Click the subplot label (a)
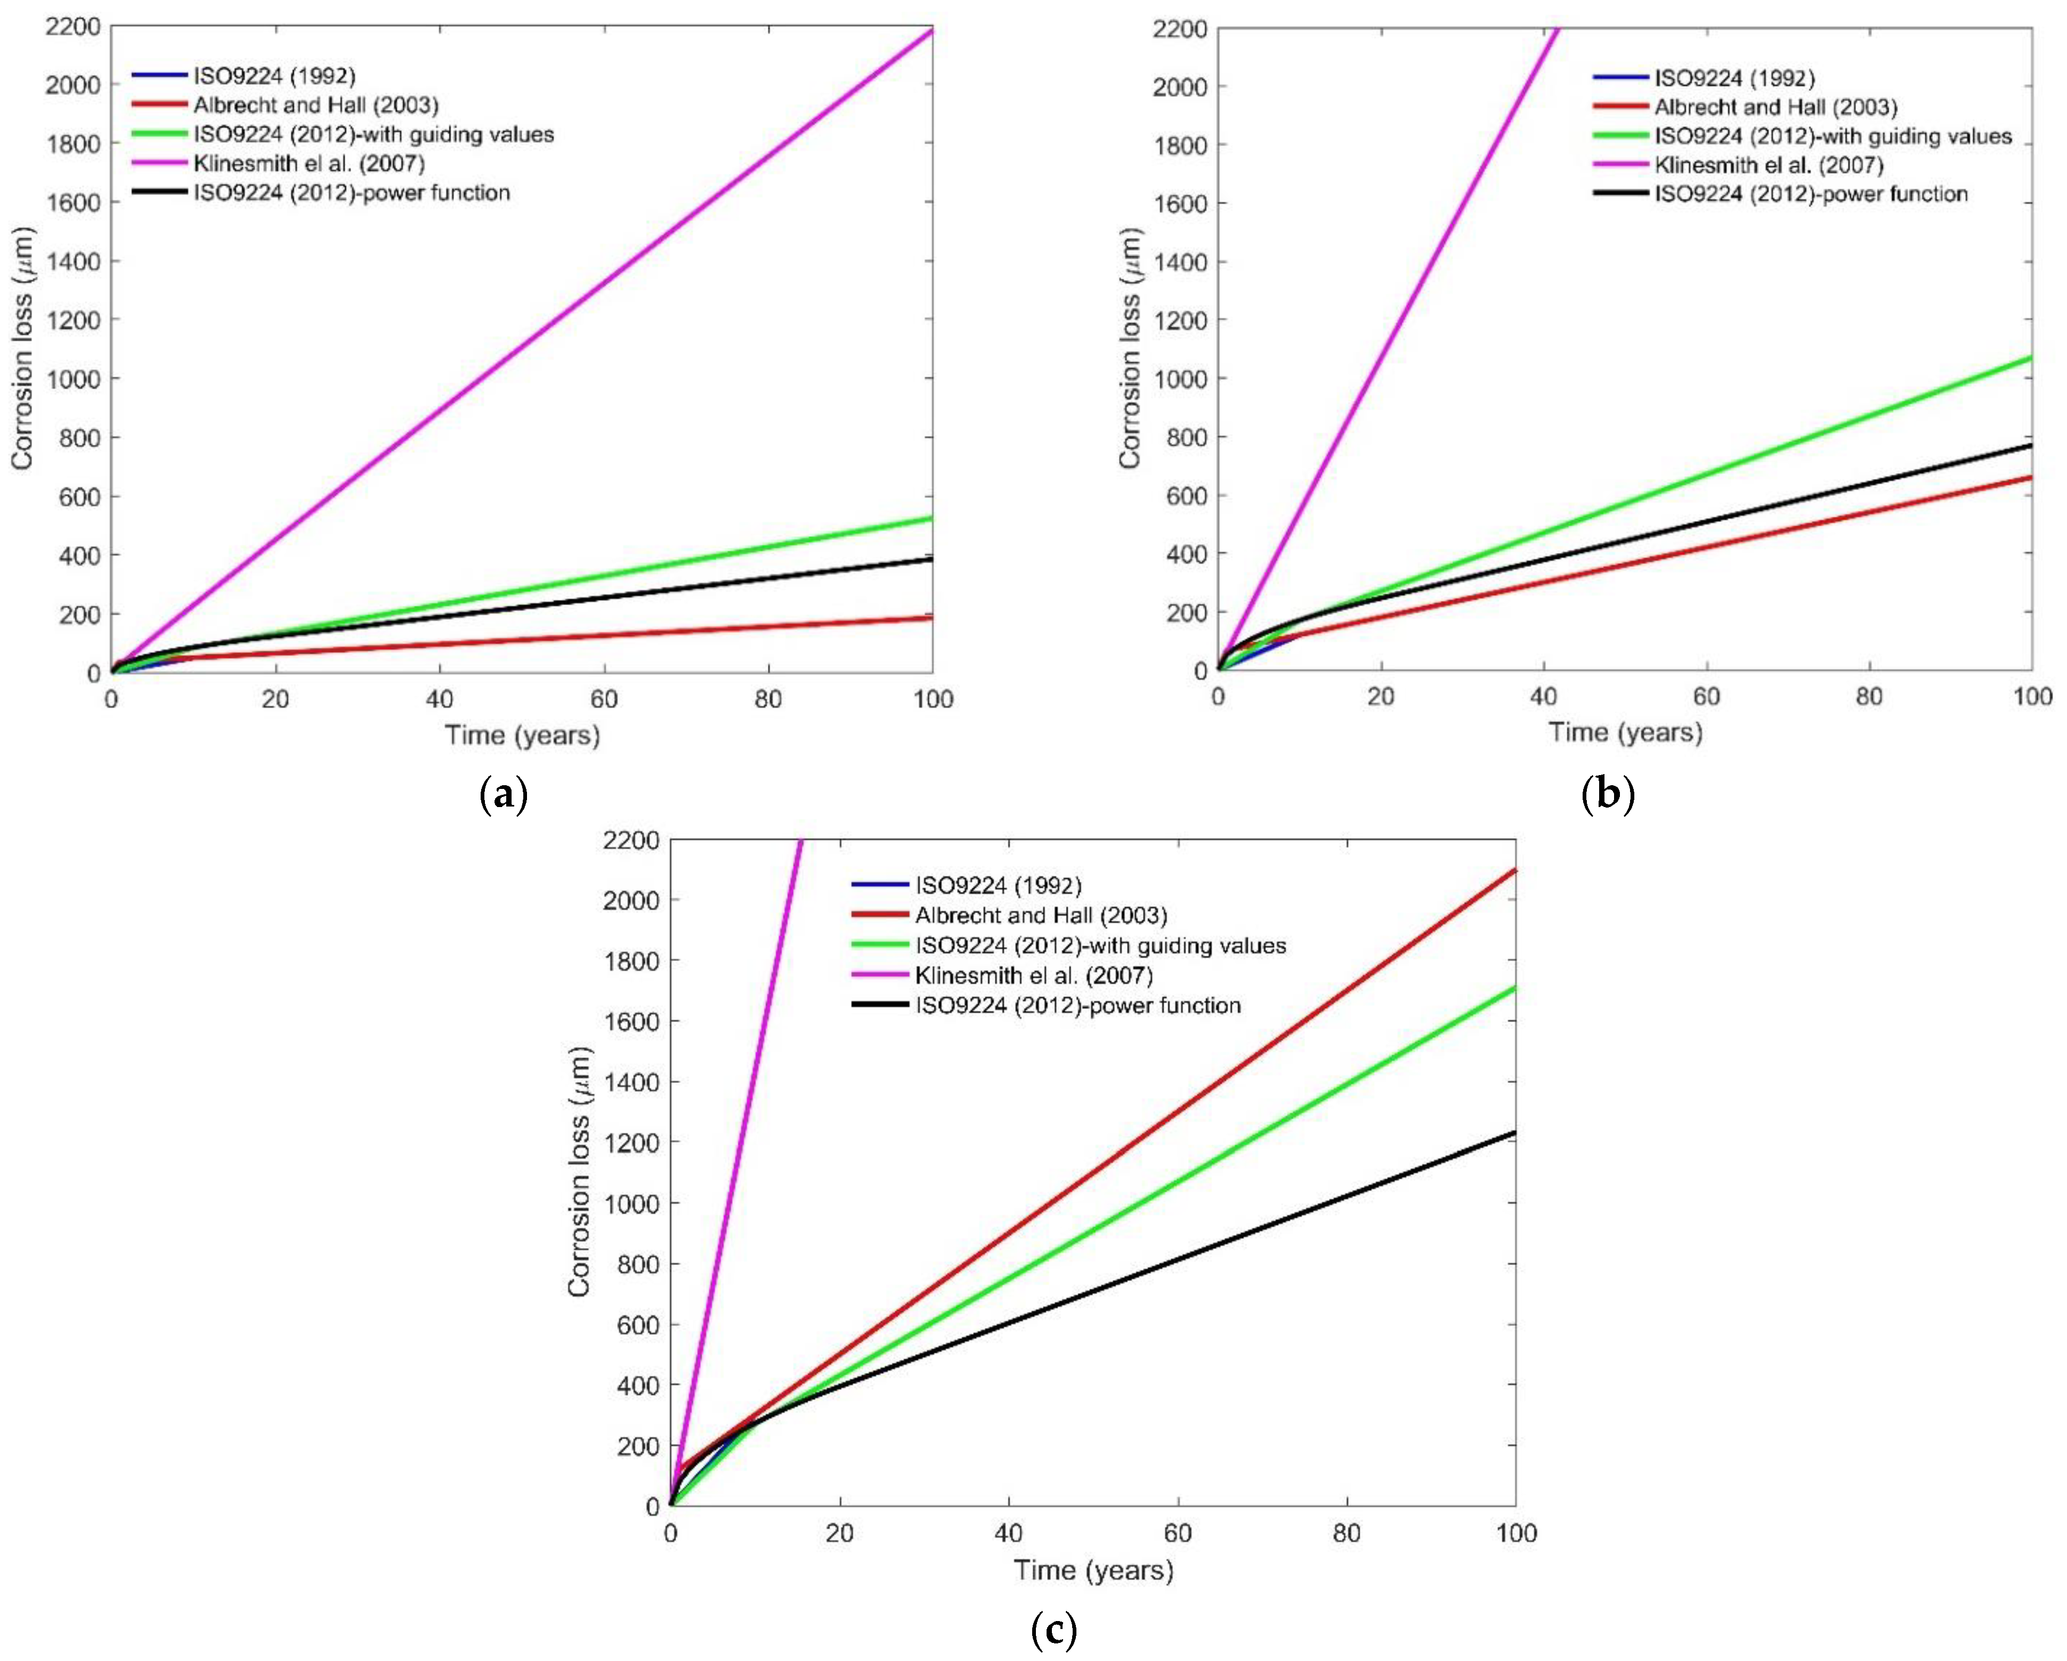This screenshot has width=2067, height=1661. point(504,795)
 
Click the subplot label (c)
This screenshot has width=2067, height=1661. point(1053,1629)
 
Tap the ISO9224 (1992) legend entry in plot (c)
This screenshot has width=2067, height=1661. point(998,885)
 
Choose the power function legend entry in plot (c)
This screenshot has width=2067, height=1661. point(1077,1005)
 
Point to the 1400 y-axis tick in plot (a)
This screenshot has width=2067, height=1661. point(73,262)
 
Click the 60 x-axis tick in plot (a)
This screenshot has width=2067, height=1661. point(604,699)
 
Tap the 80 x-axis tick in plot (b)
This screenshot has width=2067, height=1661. point(1869,697)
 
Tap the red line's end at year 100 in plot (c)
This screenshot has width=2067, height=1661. point(1514,870)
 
